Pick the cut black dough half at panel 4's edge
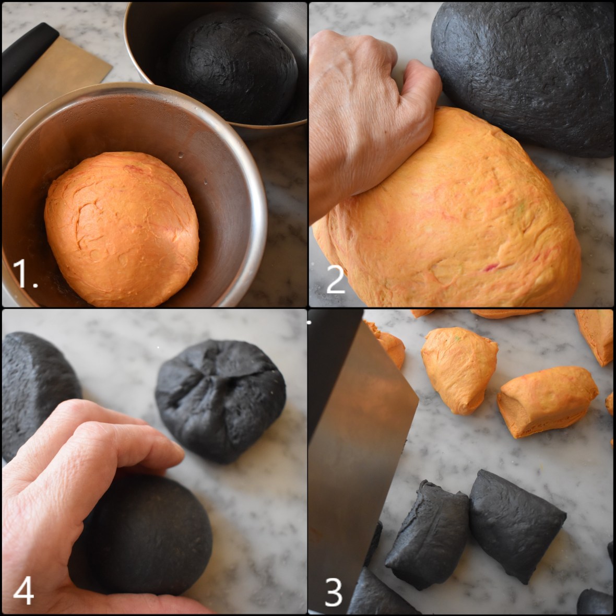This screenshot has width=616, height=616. click(x=37, y=392)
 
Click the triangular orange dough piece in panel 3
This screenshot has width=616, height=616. click(x=459, y=368)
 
